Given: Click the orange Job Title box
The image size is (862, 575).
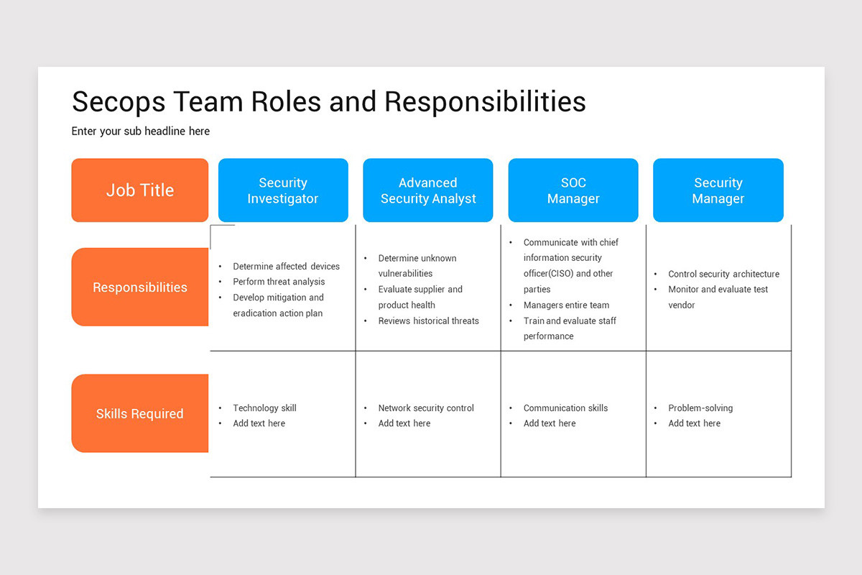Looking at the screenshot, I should (x=140, y=190).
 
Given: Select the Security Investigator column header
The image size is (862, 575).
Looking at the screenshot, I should (x=283, y=190).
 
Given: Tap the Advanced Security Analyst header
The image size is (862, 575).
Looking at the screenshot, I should (x=428, y=190).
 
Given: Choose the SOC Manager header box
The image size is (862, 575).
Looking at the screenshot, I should (x=573, y=190).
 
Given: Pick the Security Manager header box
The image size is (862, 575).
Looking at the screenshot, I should (x=718, y=190).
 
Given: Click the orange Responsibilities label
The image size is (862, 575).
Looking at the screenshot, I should (x=140, y=287).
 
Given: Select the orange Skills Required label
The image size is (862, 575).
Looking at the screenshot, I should (x=140, y=413).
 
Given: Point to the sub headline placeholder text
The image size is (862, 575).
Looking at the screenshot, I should (x=141, y=131).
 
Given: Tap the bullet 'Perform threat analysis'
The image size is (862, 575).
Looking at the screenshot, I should (x=279, y=282).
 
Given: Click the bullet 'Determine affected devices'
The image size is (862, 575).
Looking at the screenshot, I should (x=286, y=266).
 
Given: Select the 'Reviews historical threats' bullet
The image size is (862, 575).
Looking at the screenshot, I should (x=428, y=321).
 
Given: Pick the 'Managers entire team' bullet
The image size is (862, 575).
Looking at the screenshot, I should (x=566, y=305).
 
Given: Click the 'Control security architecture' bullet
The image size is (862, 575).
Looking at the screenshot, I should (x=723, y=274).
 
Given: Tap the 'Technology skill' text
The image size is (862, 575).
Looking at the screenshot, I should (x=264, y=408).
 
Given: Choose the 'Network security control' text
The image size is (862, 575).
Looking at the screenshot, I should (x=426, y=408).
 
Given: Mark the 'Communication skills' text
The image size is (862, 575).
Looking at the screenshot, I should (x=565, y=408).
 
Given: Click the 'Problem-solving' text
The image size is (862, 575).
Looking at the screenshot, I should (x=700, y=408).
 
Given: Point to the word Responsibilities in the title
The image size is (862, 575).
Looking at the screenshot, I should (x=485, y=102).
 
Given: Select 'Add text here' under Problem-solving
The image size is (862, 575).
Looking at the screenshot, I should (x=694, y=423).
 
